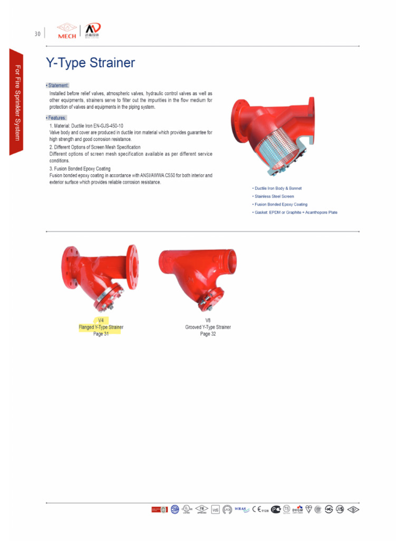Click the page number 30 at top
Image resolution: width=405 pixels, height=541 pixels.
(37, 34)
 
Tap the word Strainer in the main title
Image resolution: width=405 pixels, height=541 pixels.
(111, 63)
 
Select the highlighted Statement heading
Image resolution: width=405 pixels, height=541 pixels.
(58, 85)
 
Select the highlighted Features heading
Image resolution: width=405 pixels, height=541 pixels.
(56, 118)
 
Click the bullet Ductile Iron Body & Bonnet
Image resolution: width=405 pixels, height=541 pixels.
(277, 188)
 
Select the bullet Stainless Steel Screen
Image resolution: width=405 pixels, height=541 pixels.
(274, 196)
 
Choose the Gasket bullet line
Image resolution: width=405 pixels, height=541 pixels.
(295, 212)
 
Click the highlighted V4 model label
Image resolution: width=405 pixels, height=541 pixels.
(101, 320)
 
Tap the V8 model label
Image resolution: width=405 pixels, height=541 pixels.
(208, 320)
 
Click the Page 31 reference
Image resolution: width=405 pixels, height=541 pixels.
(101, 334)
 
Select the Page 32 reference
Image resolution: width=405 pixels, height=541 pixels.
(208, 334)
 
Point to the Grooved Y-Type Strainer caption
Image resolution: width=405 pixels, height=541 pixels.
(208, 327)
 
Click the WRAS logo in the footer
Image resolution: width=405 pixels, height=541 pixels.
(241, 509)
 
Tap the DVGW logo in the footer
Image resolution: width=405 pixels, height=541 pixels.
(298, 509)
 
